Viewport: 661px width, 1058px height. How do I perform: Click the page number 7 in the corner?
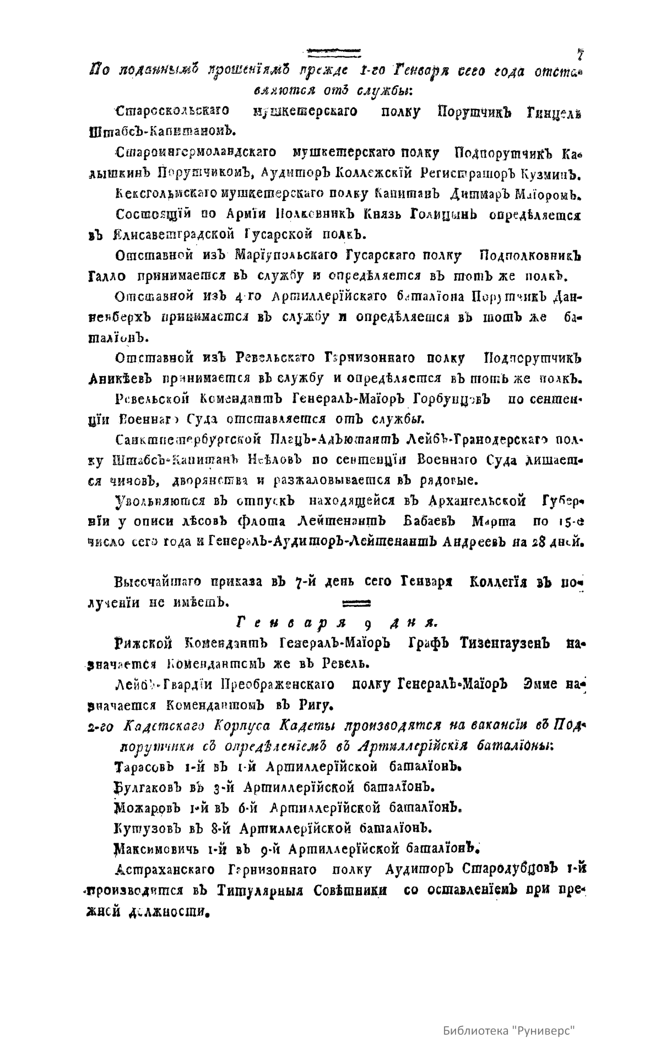coord(580,55)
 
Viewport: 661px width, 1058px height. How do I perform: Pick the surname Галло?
coord(107,275)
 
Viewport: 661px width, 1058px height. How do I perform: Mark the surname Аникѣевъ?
coord(121,379)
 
